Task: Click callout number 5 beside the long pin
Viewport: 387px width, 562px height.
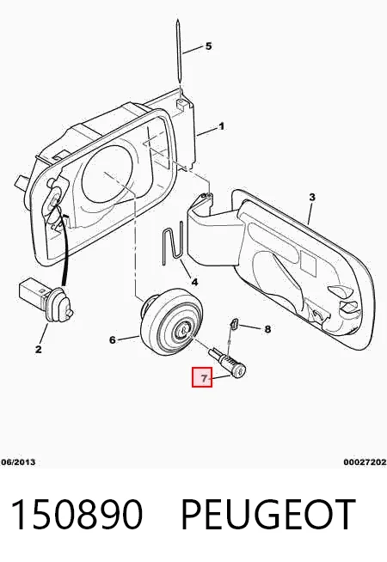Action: click(x=208, y=46)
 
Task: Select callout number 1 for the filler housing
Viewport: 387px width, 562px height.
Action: click(x=221, y=126)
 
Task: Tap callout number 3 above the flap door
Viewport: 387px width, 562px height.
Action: click(x=312, y=197)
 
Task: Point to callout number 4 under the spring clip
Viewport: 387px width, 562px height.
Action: click(x=194, y=282)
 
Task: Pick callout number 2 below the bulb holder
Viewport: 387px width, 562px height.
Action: click(x=39, y=349)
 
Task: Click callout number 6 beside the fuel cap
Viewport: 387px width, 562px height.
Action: click(x=113, y=339)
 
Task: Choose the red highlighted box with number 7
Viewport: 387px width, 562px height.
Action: click(x=202, y=377)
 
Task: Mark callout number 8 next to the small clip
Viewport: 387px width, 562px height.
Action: click(x=267, y=328)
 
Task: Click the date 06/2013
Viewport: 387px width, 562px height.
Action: click(x=18, y=462)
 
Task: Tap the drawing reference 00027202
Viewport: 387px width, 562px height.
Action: click(x=365, y=462)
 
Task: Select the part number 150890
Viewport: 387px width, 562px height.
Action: click(x=77, y=515)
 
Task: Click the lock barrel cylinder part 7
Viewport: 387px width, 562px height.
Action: click(x=228, y=363)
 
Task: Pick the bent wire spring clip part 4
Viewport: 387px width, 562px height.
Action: click(x=173, y=244)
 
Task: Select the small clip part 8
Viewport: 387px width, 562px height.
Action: click(x=234, y=323)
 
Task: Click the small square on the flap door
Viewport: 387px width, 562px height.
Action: click(x=308, y=260)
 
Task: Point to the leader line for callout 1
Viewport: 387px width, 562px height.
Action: click(x=206, y=131)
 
